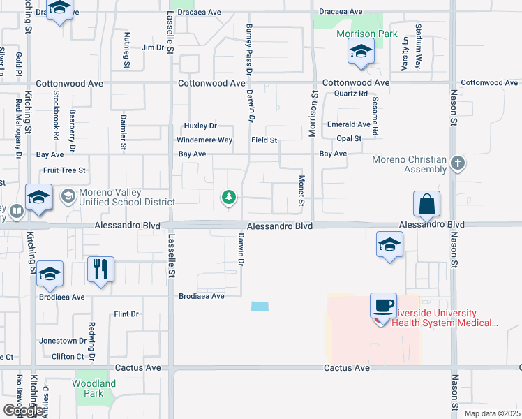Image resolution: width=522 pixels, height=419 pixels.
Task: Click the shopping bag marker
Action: tap(426, 205)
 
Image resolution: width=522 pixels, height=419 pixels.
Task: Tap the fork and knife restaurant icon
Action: tap(100, 270)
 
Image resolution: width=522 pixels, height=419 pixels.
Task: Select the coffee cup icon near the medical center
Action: tap(383, 306)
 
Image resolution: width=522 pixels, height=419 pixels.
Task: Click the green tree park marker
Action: tap(228, 198)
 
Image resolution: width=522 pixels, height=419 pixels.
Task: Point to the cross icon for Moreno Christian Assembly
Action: tap(458, 163)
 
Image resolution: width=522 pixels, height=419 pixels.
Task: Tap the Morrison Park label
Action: tap(366, 34)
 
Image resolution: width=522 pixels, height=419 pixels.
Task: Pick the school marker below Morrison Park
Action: tap(361, 52)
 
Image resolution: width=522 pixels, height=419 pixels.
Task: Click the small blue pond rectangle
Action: tap(260, 307)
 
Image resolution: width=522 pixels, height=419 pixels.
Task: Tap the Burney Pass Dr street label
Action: tap(249, 48)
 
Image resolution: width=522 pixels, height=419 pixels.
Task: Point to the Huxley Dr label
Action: tap(200, 126)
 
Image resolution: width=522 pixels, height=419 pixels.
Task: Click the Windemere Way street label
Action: tap(205, 140)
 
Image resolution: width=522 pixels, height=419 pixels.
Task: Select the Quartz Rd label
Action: tap(351, 94)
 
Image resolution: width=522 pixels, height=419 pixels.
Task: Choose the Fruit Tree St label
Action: tap(64, 170)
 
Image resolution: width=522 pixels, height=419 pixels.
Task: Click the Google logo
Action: tap(23, 410)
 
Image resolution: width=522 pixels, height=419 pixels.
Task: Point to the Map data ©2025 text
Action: tap(491, 413)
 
